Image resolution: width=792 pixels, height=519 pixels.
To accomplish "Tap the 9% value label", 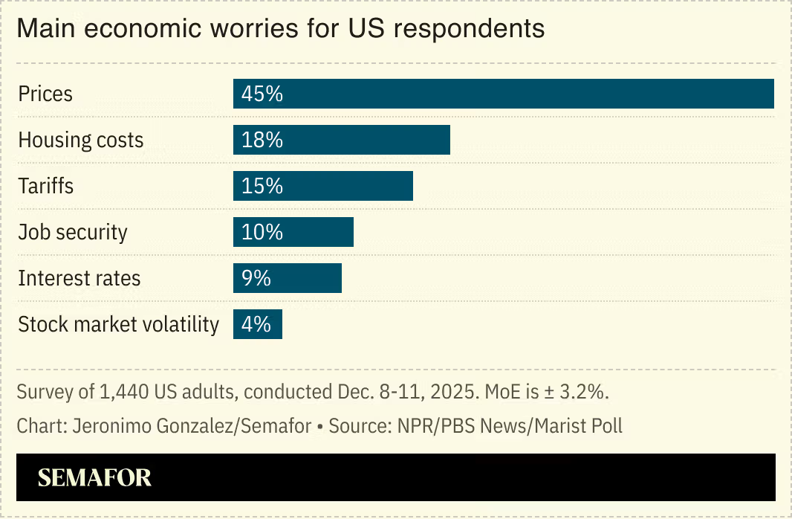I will click(x=256, y=278).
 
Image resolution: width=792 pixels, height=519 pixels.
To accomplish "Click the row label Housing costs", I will click(x=81, y=140).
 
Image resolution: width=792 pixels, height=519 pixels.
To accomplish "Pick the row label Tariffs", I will click(x=46, y=186).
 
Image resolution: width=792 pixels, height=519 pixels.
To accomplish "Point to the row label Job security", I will click(x=73, y=232).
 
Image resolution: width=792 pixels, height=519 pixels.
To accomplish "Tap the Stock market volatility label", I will click(x=119, y=325).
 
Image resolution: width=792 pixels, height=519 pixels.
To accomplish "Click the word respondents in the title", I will click(x=468, y=29).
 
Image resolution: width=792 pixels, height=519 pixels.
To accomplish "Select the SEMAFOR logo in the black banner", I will click(x=94, y=477).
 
